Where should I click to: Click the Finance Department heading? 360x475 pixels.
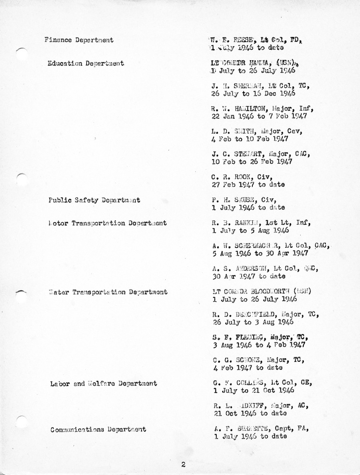79,40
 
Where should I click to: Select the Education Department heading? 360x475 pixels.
85,63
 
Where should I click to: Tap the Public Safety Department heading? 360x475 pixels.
94,200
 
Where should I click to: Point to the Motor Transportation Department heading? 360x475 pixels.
107,223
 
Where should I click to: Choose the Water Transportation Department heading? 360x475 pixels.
108,292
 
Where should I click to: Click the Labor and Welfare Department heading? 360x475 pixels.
103,384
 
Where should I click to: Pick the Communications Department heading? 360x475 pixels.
98,430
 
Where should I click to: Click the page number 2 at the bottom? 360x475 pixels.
183,464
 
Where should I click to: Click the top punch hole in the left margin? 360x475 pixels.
21,54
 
